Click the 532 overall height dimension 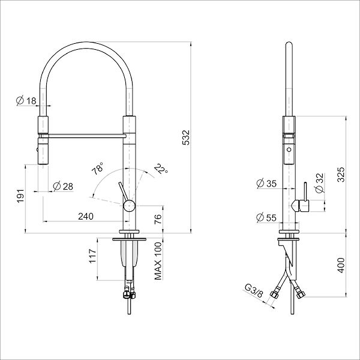click(x=186, y=138)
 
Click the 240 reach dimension click(x=86, y=216)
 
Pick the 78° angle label click(x=97, y=169)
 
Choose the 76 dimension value click(x=158, y=219)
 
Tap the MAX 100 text click(x=158, y=262)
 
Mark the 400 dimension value click(x=341, y=264)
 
